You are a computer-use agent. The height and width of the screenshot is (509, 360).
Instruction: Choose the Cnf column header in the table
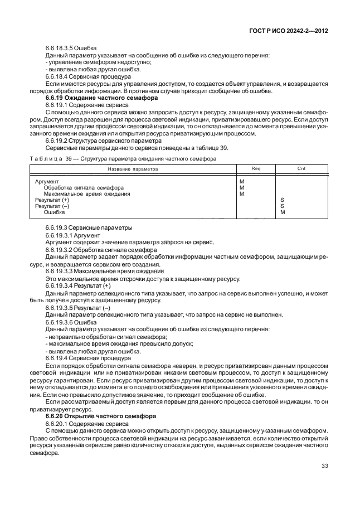(x=301, y=168)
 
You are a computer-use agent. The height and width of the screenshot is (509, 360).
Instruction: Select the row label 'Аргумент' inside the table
(x=47, y=181)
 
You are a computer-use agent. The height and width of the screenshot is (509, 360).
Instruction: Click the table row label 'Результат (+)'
(x=52, y=200)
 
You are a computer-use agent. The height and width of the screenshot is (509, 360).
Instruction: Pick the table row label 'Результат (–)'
(x=52, y=206)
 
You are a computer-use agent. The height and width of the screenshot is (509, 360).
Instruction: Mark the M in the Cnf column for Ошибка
(x=283, y=212)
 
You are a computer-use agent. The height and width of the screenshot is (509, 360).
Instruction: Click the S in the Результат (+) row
(x=282, y=200)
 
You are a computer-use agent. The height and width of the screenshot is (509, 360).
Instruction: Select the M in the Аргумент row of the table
(x=241, y=181)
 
